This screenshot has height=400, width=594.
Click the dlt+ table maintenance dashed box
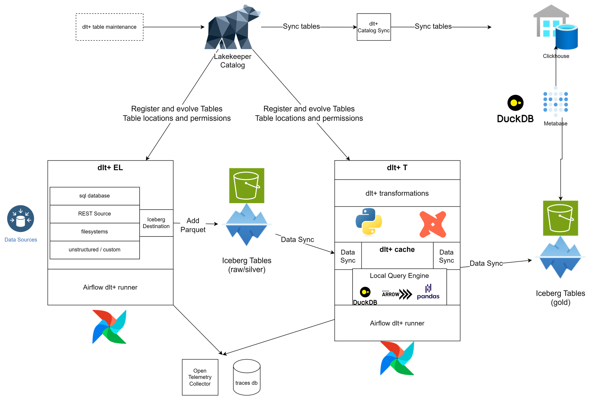[109, 27]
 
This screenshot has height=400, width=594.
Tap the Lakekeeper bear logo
[232, 28]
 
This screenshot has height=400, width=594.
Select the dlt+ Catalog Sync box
[374, 27]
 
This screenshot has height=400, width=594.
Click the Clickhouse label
[556, 56]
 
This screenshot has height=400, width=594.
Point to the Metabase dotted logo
[555, 102]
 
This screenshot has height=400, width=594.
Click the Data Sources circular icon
[21, 219]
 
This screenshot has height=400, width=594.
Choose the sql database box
[94, 196]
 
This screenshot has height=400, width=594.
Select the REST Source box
[94, 214]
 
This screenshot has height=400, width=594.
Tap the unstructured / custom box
[94, 250]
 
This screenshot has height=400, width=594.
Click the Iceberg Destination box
[156, 223]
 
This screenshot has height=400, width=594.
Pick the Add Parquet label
[193, 225]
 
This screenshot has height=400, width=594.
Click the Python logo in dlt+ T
[369, 222]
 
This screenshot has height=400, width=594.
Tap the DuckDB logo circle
[365, 292]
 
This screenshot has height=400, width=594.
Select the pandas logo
[428, 292]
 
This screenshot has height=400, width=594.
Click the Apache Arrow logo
[397, 294]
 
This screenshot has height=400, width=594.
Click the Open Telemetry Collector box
[200, 377]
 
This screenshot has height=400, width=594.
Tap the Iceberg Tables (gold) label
[560, 298]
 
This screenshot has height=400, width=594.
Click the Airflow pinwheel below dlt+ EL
[110, 327]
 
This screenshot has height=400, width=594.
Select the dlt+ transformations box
[397, 193]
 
